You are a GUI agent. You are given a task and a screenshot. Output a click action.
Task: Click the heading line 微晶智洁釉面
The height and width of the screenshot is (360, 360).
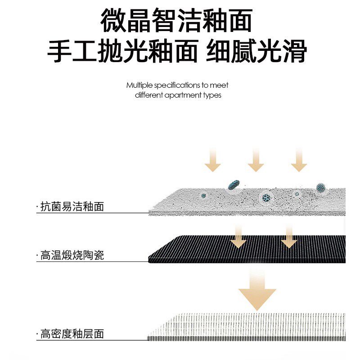(x=176, y=21)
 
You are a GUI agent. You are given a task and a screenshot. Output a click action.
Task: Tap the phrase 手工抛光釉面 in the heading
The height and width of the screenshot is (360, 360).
(x=123, y=52)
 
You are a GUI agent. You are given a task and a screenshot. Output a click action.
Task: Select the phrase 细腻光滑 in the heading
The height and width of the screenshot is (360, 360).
(x=256, y=52)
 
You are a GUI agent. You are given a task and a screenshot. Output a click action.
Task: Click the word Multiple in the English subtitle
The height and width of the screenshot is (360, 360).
(x=139, y=85)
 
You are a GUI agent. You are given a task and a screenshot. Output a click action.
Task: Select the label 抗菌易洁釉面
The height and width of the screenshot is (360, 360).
(x=72, y=207)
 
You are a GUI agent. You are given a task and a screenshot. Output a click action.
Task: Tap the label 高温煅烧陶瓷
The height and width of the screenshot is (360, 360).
(x=72, y=256)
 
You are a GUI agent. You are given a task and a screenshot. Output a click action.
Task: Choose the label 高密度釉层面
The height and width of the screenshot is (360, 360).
(x=72, y=334)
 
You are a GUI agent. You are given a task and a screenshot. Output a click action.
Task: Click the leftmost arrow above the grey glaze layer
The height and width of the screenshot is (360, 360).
(x=213, y=161)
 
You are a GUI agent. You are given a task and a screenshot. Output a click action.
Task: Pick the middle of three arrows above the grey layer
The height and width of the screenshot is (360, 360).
(x=256, y=161)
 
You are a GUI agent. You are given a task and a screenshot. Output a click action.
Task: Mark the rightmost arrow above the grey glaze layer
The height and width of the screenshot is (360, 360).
(x=298, y=161)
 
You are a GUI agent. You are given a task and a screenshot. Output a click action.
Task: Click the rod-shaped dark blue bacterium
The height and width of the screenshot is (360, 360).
(x=234, y=184)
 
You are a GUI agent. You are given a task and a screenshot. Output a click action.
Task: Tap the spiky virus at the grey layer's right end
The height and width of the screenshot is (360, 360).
(x=320, y=187)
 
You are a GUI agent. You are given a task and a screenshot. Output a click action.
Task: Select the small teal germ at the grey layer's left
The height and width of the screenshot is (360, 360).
(x=204, y=196)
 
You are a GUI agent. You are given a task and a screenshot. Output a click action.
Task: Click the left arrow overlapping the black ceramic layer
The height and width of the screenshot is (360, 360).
(x=238, y=238)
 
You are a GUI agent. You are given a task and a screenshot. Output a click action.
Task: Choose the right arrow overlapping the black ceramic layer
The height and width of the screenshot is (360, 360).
(x=288, y=238)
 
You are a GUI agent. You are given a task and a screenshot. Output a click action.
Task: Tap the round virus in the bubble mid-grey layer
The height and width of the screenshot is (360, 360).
(x=266, y=197)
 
